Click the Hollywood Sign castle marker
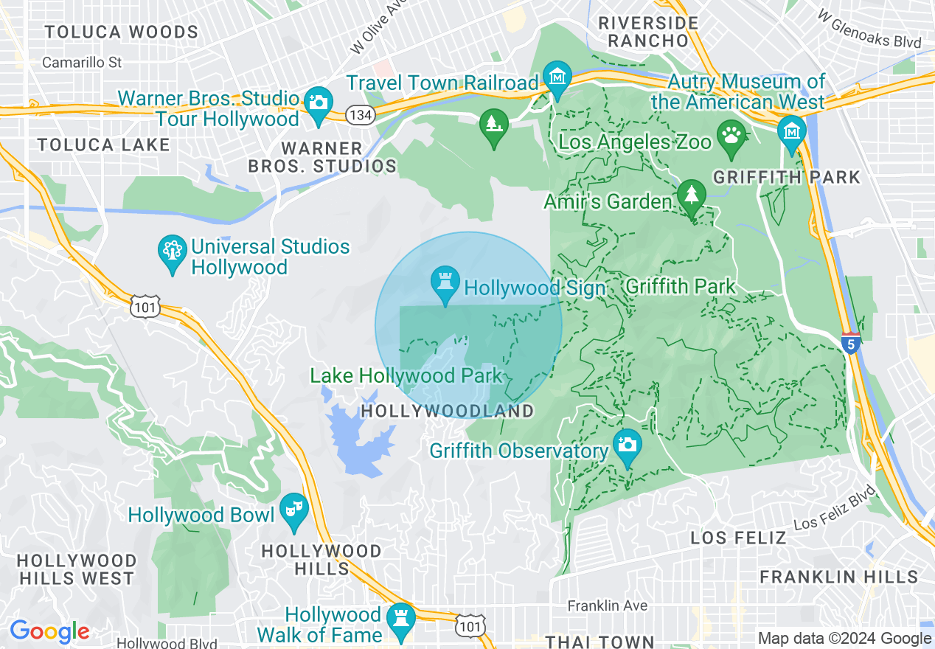[445, 284]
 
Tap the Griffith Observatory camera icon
[627, 445]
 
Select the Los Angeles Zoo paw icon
[731, 138]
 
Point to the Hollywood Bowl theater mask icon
[294, 510]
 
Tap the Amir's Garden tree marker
[692, 195]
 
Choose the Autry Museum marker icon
[791, 132]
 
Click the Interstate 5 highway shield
[851, 343]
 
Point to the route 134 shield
[361, 114]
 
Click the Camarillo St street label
[82, 63]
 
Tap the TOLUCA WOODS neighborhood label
[122, 32]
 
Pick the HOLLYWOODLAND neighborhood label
[448, 411]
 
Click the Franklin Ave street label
[607, 605]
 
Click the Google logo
[49, 631]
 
